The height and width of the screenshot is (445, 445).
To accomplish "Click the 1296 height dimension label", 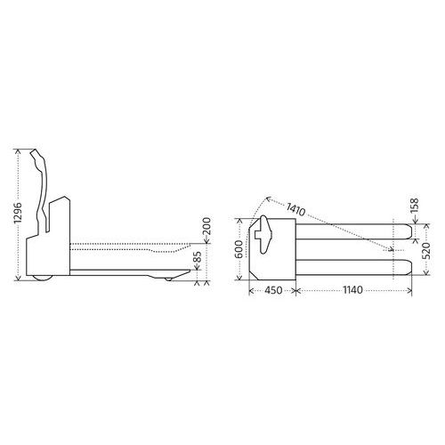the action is (18, 213).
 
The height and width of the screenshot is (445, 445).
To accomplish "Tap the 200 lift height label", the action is (206, 226).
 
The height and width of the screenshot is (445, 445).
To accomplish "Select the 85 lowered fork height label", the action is (198, 257).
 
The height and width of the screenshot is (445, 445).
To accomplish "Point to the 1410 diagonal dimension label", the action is (295, 209).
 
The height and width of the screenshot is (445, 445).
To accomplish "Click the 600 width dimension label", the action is (240, 249).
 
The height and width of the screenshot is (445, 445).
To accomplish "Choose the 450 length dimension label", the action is (273, 290).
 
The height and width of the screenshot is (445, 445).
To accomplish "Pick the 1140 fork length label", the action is (353, 289).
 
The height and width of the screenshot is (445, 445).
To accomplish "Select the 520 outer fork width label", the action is (425, 251).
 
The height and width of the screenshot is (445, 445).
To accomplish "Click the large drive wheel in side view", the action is (43, 278).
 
